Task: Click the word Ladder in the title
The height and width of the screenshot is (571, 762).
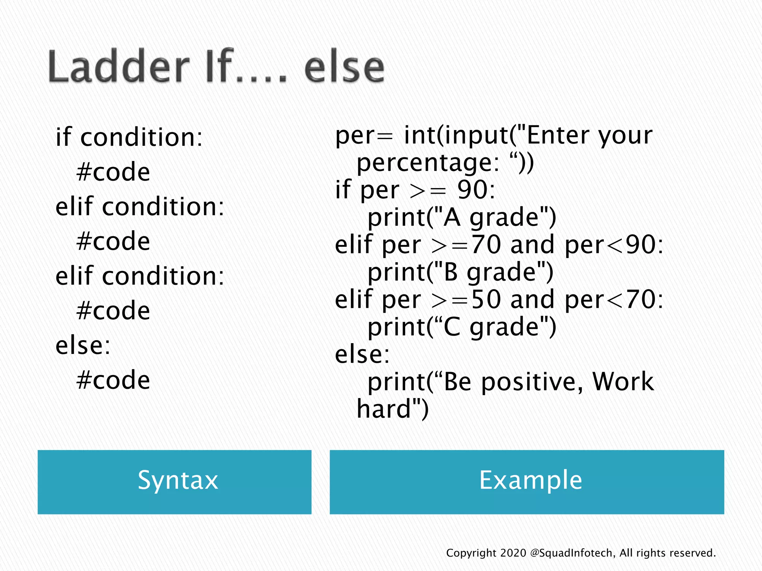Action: tap(118, 67)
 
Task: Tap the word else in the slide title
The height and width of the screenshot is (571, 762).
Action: tap(344, 67)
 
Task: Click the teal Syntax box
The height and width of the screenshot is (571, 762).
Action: tap(174, 482)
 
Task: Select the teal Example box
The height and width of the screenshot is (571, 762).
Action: tap(526, 482)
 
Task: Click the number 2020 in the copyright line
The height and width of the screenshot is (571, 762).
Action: tap(513, 553)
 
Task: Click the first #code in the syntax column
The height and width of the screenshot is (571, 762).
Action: tap(113, 172)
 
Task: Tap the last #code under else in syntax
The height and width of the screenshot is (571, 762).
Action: tap(113, 380)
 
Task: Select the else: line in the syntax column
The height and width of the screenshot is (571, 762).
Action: tap(83, 346)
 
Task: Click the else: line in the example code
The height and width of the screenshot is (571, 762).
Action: tap(362, 354)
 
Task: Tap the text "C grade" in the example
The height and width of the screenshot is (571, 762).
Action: tap(491, 327)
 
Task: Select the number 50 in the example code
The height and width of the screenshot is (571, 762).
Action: tap(486, 299)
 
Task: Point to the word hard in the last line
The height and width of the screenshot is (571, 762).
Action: tap(383, 409)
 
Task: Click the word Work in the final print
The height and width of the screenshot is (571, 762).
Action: tap(622, 382)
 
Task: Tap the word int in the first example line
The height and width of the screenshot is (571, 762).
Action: tap(419, 135)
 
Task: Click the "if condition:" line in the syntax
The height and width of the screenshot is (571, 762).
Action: tap(129, 138)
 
